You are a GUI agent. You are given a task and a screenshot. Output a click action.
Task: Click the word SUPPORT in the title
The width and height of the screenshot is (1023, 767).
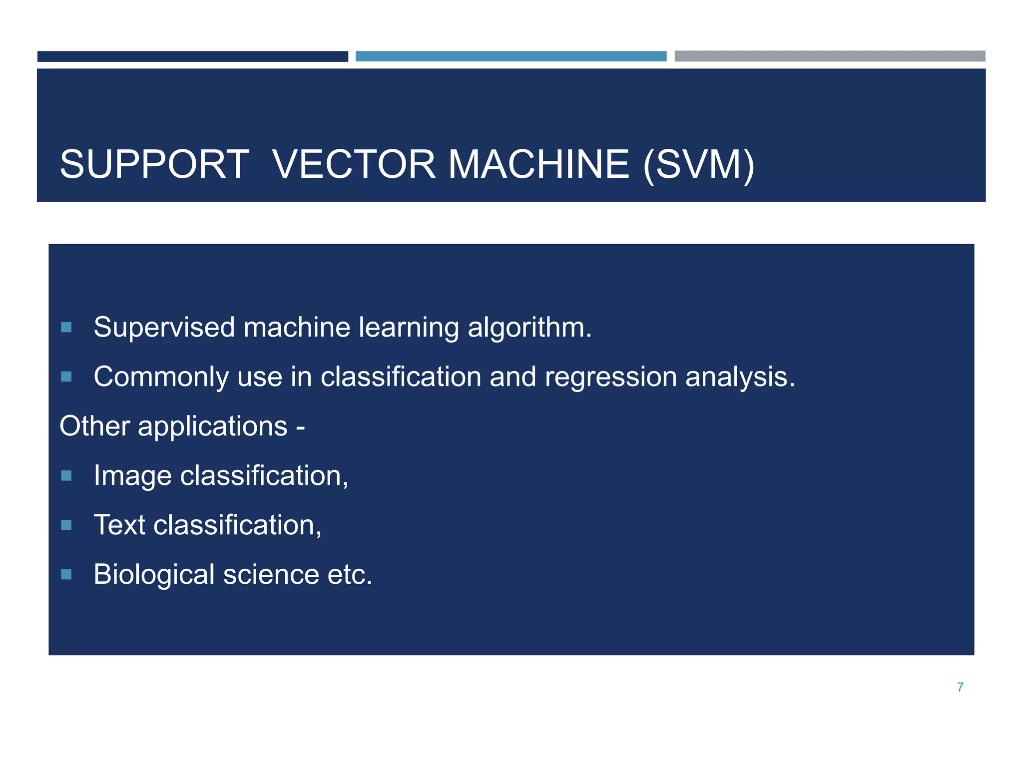click(154, 164)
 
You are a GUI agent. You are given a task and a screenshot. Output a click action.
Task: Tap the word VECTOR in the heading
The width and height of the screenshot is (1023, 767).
click(354, 164)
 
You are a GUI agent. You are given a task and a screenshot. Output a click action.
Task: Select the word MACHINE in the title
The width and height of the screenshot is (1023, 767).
click(538, 164)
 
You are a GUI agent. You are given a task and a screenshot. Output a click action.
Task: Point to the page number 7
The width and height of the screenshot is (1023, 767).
click(960, 687)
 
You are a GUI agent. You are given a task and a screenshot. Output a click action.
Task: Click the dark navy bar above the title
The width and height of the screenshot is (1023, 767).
click(192, 56)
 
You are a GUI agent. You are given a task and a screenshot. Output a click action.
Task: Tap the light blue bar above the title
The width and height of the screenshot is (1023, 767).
click(511, 56)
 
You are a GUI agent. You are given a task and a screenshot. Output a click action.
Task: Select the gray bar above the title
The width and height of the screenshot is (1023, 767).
click(830, 56)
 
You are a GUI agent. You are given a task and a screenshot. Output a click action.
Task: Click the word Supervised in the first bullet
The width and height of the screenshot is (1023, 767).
click(164, 328)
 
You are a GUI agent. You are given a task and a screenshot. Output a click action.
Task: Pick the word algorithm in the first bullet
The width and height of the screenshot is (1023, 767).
click(529, 328)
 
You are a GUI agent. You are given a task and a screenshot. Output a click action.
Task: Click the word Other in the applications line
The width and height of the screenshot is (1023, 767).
click(94, 426)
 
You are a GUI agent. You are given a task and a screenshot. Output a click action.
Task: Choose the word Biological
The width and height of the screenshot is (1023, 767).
click(154, 575)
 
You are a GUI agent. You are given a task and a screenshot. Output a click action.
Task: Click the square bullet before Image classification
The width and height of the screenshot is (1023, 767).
click(66, 475)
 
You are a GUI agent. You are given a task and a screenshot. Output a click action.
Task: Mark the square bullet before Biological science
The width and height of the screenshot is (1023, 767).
click(66, 574)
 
